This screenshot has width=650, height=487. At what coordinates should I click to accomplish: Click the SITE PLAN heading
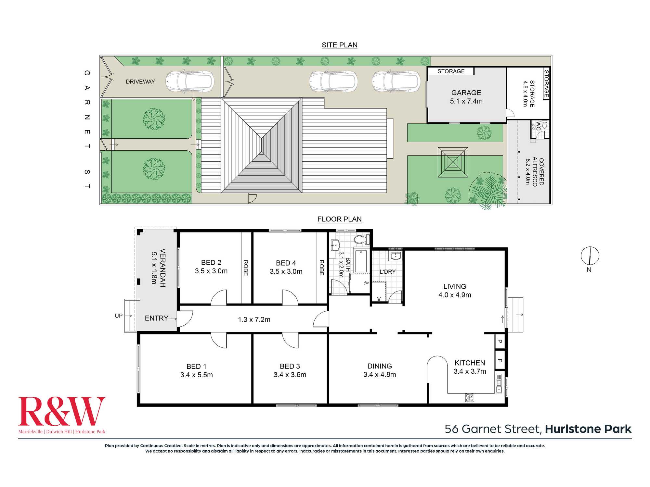(339, 45)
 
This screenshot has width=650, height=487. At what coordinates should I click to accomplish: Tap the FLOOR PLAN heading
(339, 219)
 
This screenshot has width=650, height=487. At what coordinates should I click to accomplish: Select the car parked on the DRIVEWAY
(190, 81)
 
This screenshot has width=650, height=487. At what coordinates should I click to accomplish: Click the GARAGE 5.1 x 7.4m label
(466, 97)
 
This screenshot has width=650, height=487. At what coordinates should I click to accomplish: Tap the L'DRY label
(388, 271)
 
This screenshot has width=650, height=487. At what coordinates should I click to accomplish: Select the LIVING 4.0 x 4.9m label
(455, 291)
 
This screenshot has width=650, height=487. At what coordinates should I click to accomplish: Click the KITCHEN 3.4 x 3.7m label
(470, 367)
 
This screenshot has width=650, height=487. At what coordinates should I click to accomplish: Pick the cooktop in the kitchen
(469, 397)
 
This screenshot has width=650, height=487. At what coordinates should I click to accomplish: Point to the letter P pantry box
(500, 341)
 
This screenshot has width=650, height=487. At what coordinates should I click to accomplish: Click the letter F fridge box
(500, 360)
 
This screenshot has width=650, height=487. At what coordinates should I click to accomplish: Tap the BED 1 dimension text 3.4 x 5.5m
(197, 375)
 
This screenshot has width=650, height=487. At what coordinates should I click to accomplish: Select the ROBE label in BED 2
(246, 268)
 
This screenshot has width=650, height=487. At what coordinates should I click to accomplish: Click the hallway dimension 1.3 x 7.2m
(254, 319)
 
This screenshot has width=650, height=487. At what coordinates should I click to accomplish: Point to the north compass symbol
(590, 256)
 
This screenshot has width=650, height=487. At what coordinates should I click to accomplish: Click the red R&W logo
(62, 411)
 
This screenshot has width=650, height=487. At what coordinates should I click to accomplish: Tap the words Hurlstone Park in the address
(588, 429)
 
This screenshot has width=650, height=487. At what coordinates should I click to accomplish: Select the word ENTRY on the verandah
(156, 318)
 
